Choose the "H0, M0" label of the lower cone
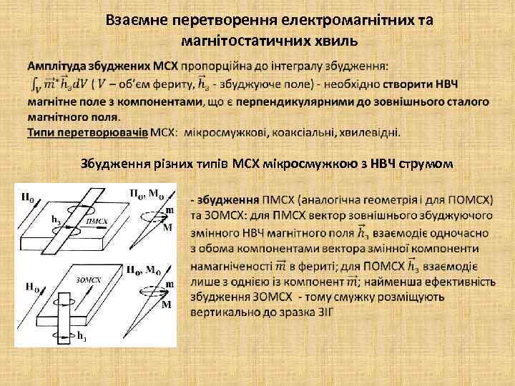pos(144,270)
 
